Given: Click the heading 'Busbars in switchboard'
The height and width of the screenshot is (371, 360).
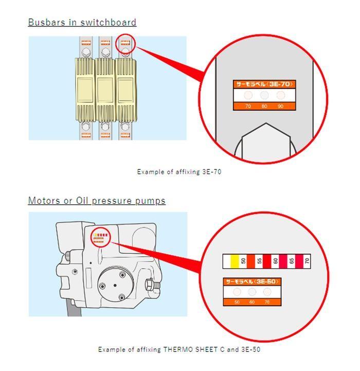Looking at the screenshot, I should pos(82,22).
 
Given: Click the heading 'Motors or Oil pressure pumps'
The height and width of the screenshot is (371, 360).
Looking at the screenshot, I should pos(97,201).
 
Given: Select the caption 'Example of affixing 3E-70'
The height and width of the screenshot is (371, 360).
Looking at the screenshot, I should pos(179,172).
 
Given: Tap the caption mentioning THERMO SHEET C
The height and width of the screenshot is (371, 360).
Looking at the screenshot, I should pos(179,349).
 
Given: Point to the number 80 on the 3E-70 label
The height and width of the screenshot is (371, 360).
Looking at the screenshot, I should pos(264,107).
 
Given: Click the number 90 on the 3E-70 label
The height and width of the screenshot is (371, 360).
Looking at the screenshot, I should pos(280,107).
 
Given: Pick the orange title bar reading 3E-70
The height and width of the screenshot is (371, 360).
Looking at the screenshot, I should pos(264,84).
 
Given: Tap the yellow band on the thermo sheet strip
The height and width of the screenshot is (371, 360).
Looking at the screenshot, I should pos(234,261).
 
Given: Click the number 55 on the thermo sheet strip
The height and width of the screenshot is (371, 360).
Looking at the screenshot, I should pos(259,261).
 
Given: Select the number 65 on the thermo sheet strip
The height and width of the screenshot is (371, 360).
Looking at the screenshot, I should pos(291,261).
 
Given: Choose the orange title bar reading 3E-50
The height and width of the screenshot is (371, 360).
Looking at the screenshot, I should pos(252,282).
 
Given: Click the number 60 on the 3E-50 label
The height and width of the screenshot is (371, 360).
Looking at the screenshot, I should pos(252,302).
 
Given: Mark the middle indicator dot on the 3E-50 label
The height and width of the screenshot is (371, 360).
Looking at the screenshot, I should pos(252,292).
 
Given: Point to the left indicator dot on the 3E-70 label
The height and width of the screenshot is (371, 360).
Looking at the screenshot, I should pos(248,95).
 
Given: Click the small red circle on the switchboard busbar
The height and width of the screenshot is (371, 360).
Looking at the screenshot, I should pos(125,44).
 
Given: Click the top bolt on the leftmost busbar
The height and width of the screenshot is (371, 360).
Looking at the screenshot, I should pos(85,52).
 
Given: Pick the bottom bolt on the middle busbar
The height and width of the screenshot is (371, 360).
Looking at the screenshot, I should pos(105,125).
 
